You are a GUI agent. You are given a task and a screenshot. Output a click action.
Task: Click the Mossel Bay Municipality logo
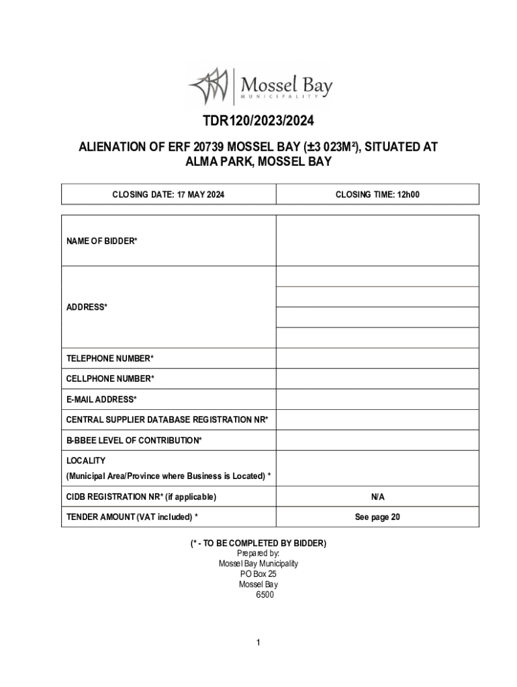[x=259, y=86]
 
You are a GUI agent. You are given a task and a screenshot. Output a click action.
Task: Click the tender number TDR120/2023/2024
[x=258, y=122]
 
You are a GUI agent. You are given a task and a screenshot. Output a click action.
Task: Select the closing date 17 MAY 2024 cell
[x=168, y=195]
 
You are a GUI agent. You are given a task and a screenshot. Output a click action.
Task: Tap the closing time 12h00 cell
[x=377, y=195]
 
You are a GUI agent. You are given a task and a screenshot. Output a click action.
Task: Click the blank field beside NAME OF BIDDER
[x=377, y=240]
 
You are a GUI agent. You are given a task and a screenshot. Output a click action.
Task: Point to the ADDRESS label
[x=87, y=307]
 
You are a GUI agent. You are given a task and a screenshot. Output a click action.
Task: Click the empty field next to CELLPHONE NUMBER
[x=377, y=379]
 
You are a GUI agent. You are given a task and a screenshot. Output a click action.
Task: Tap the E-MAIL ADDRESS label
[x=101, y=399]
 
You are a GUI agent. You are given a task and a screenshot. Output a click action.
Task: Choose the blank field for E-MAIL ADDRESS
[x=377, y=399]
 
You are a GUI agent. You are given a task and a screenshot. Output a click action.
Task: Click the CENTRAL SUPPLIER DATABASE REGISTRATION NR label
[x=167, y=419]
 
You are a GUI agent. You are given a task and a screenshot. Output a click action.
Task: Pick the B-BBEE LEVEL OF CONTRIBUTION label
[x=134, y=440]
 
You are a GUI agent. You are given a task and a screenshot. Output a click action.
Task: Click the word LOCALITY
[x=86, y=461]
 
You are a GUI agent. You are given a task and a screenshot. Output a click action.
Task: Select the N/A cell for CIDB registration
[x=377, y=497]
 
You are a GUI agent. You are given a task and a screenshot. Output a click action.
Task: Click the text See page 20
[x=377, y=517]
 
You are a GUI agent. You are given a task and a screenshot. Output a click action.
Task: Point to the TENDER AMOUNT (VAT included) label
[x=132, y=517]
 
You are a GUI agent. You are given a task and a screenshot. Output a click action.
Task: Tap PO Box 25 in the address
[x=258, y=574]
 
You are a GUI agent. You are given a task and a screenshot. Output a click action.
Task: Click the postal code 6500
[x=265, y=594]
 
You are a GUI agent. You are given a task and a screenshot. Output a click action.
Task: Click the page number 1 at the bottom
[x=258, y=643]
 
